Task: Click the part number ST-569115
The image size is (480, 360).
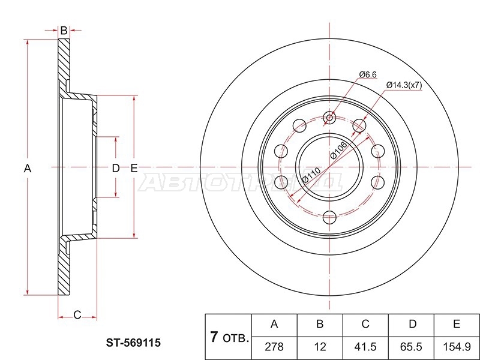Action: (x=133, y=343)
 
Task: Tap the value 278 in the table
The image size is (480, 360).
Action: (x=274, y=347)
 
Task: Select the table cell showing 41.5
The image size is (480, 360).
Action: (x=365, y=347)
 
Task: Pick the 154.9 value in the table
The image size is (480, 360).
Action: (x=457, y=347)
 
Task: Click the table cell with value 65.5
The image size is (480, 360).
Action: (x=411, y=347)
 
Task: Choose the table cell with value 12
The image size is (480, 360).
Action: (x=320, y=347)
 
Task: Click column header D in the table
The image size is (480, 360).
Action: (x=413, y=323)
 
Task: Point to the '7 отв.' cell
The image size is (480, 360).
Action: (x=229, y=337)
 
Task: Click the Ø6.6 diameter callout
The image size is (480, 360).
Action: (x=368, y=74)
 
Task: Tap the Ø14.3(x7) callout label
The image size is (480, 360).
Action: (x=404, y=85)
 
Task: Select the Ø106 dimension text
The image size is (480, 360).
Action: (x=338, y=151)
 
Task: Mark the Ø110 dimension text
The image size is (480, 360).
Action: (x=311, y=175)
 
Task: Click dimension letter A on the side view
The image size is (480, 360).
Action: (x=28, y=168)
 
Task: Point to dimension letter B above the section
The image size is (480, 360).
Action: (x=64, y=31)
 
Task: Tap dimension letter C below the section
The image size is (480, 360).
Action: (x=77, y=314)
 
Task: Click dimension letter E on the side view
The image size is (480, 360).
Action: (x=134, y=168)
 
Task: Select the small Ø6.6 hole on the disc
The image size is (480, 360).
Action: (x=329, y=118)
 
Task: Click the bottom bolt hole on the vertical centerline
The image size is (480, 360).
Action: (x=329, y=217)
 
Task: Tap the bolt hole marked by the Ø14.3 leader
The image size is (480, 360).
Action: (x=359, y=125)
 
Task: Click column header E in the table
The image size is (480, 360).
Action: (x=457, y=323)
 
